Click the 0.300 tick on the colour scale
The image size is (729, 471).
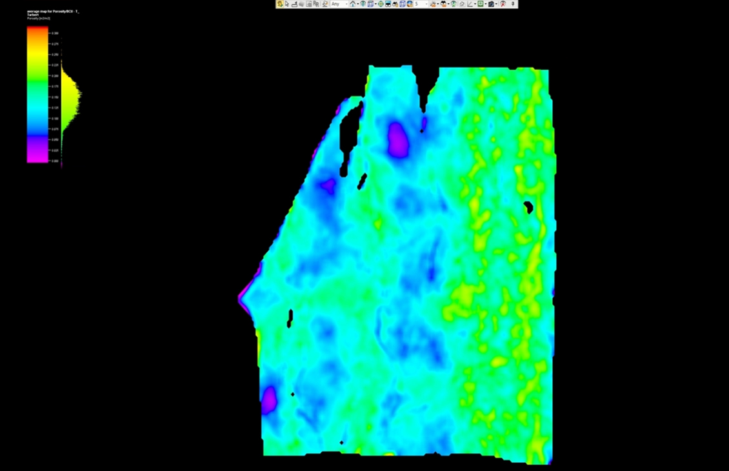55,33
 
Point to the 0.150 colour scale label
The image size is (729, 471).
55,97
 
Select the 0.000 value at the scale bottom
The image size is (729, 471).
55,161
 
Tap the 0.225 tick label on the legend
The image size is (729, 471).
55,65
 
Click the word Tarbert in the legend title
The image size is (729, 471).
34,15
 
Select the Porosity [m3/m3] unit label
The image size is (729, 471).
39,18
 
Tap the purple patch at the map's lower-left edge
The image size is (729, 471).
268,399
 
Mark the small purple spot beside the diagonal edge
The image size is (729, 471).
328,186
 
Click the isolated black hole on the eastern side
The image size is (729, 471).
528,207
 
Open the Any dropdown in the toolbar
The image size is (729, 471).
339,4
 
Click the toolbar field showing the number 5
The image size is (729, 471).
419,4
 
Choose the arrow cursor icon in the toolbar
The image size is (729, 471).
287,4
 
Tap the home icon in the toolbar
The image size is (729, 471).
354,4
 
